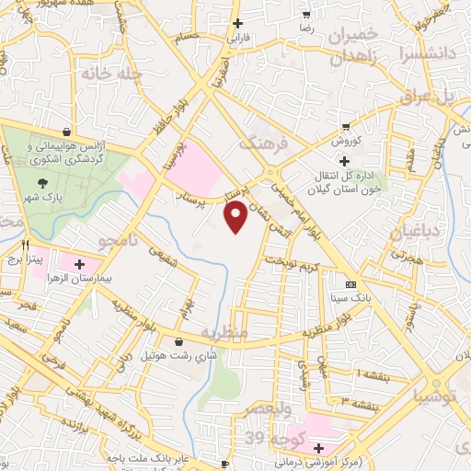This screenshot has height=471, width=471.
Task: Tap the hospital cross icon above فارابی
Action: click(238, 23)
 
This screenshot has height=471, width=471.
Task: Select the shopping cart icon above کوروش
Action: click(345, 127)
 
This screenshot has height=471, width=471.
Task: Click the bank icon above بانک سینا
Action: click(350, 284)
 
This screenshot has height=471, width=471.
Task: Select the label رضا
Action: click(306, 29)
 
